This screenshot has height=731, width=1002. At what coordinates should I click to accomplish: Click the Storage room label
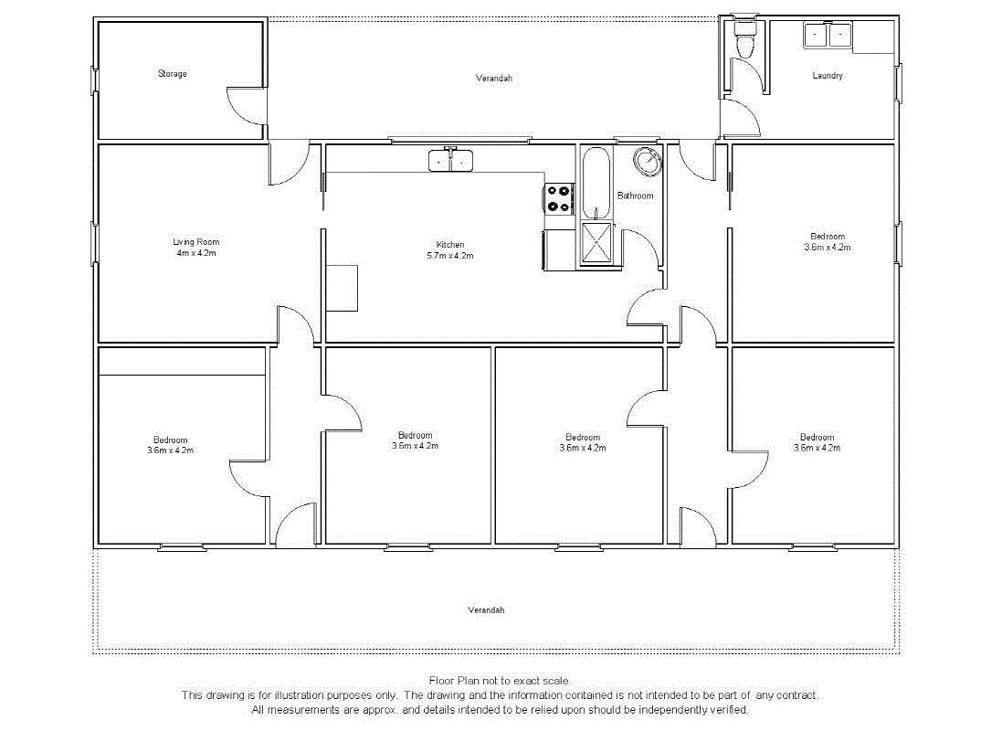[172, 74]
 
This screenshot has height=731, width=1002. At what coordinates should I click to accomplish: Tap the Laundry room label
[828, 76]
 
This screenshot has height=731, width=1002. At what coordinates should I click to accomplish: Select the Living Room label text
[195, 242]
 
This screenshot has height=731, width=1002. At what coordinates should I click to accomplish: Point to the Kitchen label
[450, 245]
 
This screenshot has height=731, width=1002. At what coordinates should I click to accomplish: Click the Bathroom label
[635, 196]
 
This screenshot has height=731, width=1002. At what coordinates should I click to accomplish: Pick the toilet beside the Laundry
[745, 43]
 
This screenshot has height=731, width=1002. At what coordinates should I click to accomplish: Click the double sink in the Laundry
[827, 36]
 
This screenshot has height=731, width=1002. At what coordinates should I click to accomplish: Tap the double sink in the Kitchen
[451, 162]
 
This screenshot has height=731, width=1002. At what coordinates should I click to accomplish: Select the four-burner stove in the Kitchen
[559, 199]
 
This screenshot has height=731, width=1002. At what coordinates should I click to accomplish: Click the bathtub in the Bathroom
[596, 183]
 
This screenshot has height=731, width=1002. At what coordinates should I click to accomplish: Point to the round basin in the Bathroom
[649, 162]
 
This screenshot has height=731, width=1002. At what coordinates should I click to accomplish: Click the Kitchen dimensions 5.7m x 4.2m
[450, 256]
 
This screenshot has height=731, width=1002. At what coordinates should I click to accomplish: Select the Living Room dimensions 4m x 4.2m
[195, 253]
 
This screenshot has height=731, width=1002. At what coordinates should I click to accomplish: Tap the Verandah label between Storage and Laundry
[493, 79]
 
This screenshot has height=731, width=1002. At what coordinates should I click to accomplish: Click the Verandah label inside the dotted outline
[486, 609]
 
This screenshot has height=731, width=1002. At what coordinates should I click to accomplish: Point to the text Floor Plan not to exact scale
[501, 681]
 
